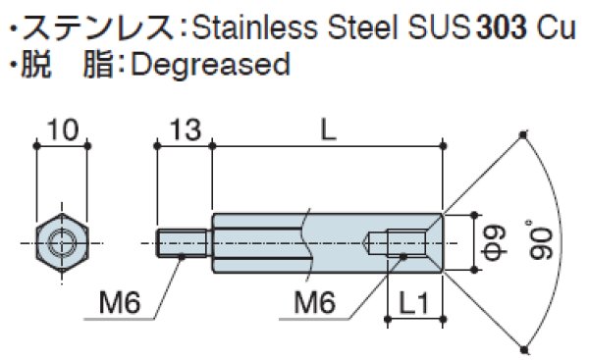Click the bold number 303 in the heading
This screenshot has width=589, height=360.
coord(503,23)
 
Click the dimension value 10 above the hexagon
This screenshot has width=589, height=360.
coord(62,129)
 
